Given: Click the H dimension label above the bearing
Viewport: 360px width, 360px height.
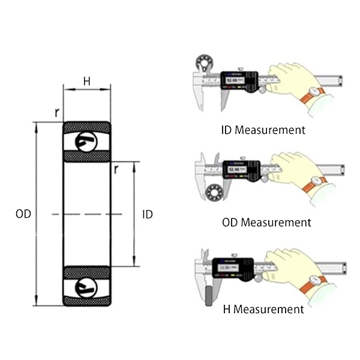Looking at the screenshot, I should click(87, 82).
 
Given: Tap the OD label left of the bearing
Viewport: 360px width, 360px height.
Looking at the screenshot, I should click(23, 214).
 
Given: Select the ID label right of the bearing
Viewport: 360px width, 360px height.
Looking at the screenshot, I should click(147, 214).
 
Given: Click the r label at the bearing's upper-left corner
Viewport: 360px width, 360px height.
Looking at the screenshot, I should click(56, 112).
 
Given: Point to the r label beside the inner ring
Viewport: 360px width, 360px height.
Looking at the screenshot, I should click(116, 169).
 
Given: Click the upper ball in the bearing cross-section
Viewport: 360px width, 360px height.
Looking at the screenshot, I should click(86, 142).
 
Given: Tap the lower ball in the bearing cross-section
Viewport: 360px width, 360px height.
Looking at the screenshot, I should click(86, 287).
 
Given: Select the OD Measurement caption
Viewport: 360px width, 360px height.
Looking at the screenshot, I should click(266, 223).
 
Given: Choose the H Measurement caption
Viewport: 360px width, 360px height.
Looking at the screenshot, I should click(263, 310).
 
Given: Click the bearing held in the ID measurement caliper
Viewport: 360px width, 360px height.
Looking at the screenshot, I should click(203, 64).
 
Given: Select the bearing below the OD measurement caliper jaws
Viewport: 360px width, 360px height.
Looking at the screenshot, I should click(212, 193).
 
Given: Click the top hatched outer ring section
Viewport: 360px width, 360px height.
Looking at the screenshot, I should click(87, 127).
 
